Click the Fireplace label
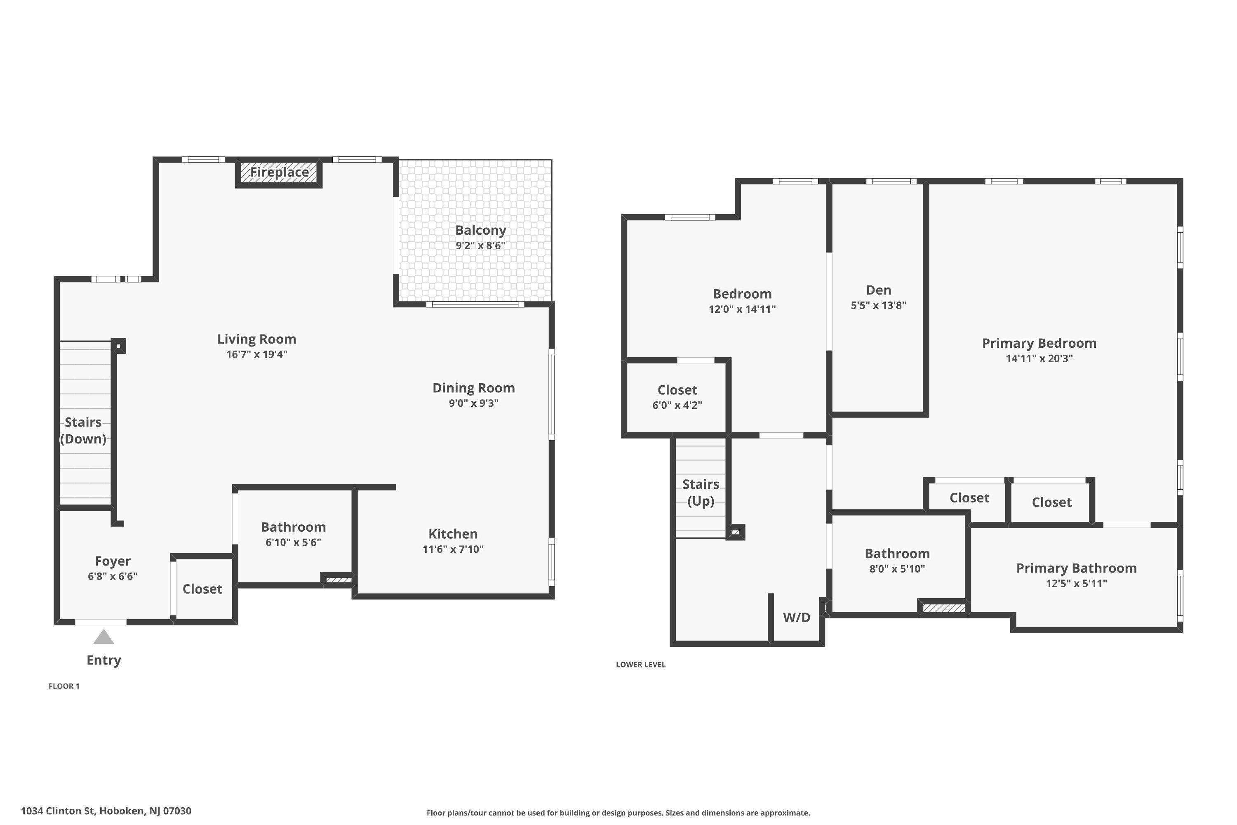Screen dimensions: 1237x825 [x=279, y=172]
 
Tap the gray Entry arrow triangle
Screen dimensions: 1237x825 [x=103, y=637]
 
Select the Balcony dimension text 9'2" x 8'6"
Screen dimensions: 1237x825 [x=480, y=245]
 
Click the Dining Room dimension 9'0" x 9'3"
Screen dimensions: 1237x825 [x=473, y=403]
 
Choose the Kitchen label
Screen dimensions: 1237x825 [x=453, y=534]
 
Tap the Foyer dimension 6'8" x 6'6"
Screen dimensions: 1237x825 [x=113, y=576]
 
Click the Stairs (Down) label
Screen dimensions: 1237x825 [x=83, y=430]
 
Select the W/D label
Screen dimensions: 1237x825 [x=796, y=618]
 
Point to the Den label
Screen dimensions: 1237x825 [x=878, y=290]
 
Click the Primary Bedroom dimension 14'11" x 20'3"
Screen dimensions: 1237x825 [x=1039, y=358]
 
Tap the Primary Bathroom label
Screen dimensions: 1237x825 [x=1076, y=568]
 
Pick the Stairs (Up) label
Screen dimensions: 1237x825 [x=701, y=493]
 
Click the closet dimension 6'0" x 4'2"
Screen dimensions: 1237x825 [x=677, y=405]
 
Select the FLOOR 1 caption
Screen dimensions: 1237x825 [x=64, y=686]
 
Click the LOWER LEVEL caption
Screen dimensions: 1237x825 [x=641, y=665]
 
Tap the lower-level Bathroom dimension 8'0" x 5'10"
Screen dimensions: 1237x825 [x=897, y=569]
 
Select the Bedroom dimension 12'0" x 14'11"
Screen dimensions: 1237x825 [x=742, y=309]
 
